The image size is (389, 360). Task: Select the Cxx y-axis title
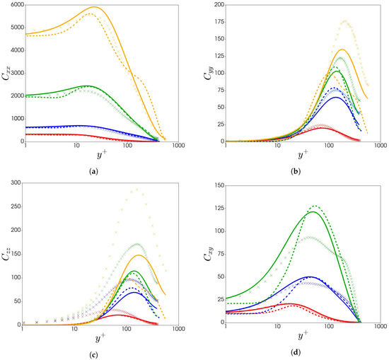coord(6,73)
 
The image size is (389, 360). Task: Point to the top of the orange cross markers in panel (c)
coord(136,189)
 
